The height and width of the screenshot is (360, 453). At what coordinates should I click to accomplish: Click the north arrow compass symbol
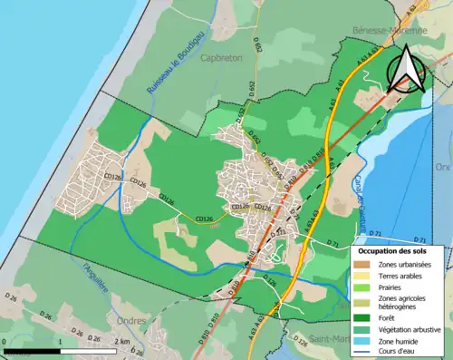pos(407,71)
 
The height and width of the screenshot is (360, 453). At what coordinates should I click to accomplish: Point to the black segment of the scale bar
pos(32,349)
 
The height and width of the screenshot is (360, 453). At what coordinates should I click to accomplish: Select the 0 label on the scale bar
pos(5,341)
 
